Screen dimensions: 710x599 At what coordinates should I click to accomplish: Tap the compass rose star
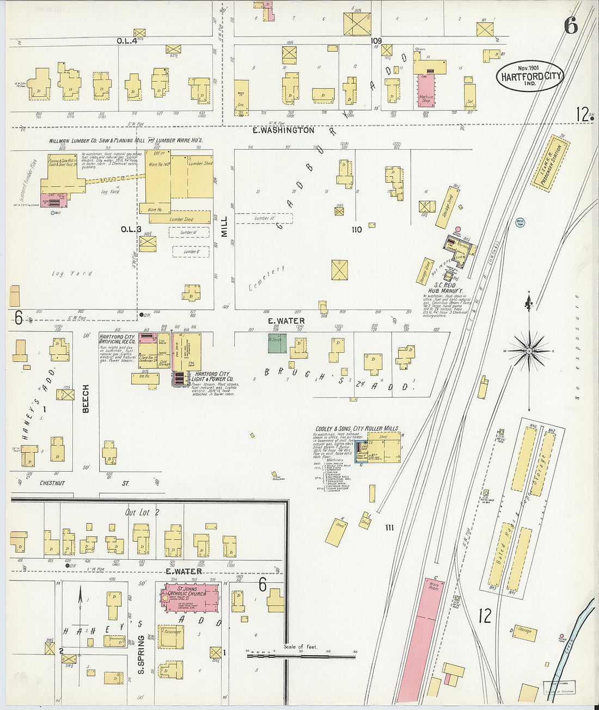529,351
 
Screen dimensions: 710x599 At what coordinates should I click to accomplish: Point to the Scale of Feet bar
301,656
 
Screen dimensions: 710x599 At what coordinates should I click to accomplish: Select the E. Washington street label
284,131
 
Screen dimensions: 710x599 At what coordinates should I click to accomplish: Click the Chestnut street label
52,483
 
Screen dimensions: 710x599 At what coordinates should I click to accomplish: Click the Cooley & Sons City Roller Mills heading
356,429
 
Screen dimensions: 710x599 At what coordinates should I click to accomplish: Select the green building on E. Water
277,344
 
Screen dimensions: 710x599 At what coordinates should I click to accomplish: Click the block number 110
357,230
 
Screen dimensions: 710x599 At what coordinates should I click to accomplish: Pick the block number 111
389,527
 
